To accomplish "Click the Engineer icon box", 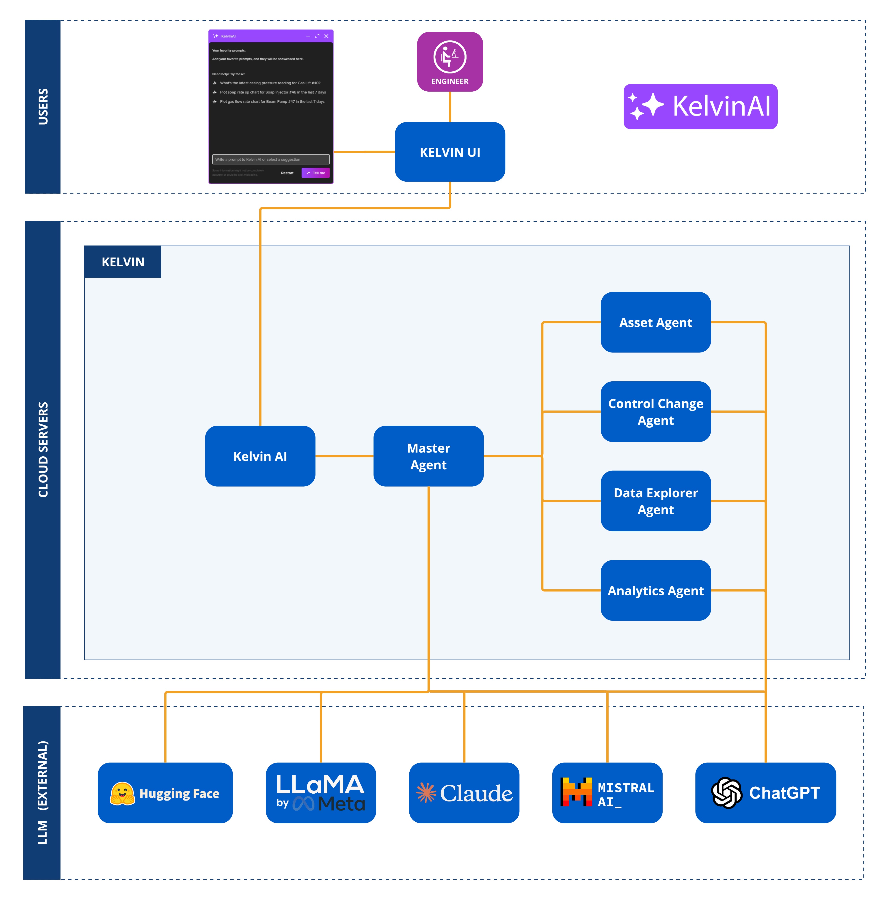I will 449,62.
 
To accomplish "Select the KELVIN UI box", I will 449,152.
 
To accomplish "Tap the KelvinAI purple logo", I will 700,106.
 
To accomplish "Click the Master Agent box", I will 428,456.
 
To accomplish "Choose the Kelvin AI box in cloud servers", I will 260,456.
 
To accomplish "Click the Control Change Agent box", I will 655,411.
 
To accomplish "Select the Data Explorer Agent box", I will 655,501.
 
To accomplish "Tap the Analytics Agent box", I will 655,590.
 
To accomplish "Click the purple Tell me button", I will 316,173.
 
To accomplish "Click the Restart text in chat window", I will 287,173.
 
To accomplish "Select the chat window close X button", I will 326,36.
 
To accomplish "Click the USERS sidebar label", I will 43,106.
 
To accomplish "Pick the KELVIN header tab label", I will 123,262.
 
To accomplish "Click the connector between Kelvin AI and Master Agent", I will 344,456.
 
